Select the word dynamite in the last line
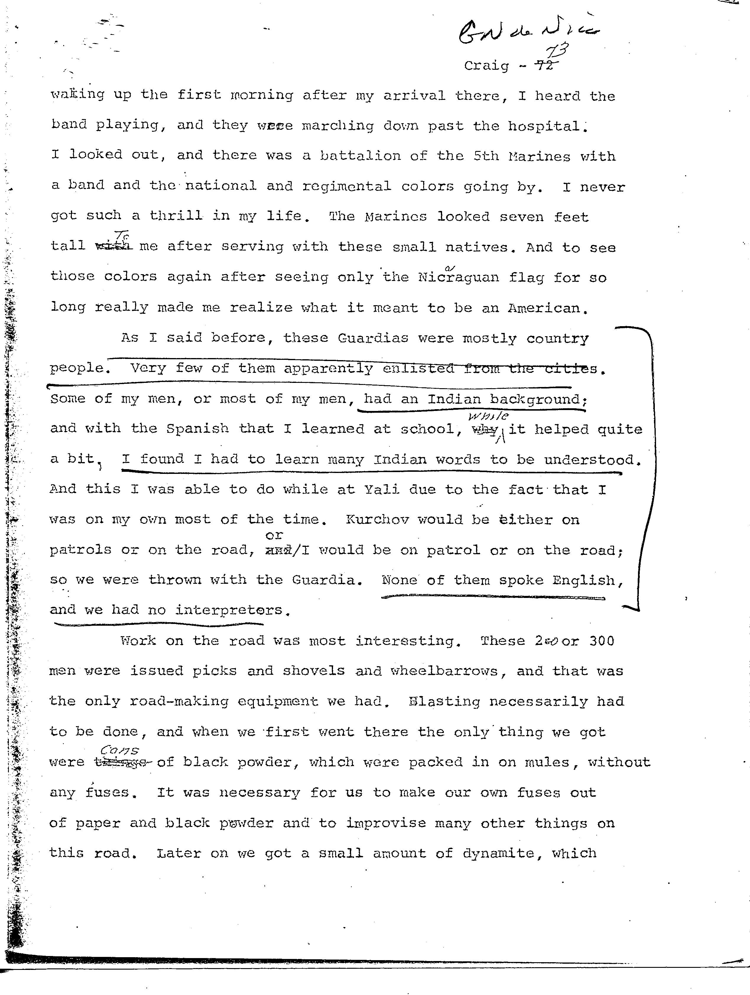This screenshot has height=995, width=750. point(498,853)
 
